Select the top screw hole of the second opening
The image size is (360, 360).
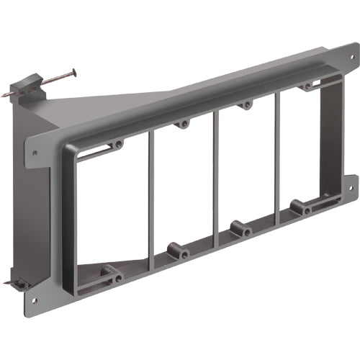(184, 124)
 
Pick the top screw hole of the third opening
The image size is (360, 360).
(247, 104)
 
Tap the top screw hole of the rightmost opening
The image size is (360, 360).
(308, 86)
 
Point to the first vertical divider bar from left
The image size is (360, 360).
(151, 198)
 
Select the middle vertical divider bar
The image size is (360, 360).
(215, 176)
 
